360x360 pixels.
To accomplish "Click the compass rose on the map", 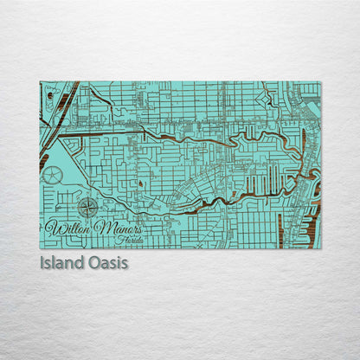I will (x=87, y=208).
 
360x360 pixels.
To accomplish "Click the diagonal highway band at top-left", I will (x=63, y=104).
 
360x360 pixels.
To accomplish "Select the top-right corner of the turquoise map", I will (x=319, y=82).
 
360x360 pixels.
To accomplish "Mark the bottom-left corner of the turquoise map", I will (x=41, y=247).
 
